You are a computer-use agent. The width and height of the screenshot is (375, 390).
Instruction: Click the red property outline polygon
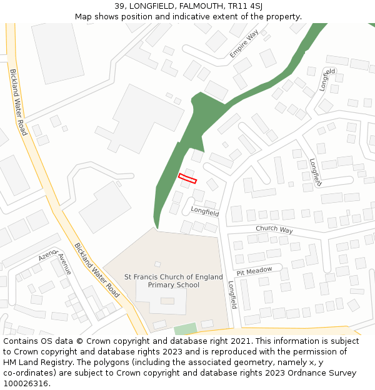[x=187, y=178]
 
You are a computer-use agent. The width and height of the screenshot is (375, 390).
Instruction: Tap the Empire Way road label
[x=244, y=44]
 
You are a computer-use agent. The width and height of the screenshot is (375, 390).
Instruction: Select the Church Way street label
[x=274, y=230]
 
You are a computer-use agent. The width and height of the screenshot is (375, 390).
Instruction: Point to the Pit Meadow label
[x=254, y=271]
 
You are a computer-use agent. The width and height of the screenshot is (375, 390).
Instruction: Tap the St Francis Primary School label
[x=174, y=281]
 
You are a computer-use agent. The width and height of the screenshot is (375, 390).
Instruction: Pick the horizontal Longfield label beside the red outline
[x=205, y=212]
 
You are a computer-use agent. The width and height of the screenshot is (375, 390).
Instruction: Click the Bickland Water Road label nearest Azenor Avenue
[x=96, y=270]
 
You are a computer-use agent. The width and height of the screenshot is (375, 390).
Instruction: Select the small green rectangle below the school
[x=184, y=329]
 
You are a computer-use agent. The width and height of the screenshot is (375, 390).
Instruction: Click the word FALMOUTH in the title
[x=189, y=6]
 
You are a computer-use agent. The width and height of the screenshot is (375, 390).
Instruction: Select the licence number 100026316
[x=26, y=384]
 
